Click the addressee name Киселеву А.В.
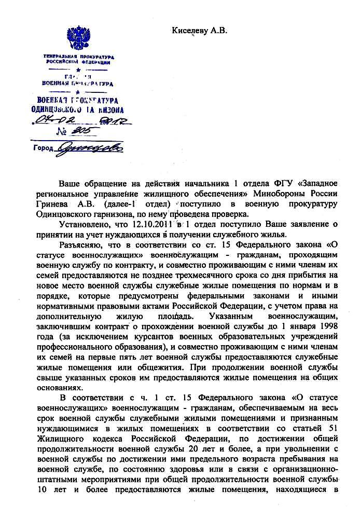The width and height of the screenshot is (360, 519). pos(200,31)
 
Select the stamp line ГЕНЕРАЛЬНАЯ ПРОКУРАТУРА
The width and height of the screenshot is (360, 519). pos(78,56)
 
